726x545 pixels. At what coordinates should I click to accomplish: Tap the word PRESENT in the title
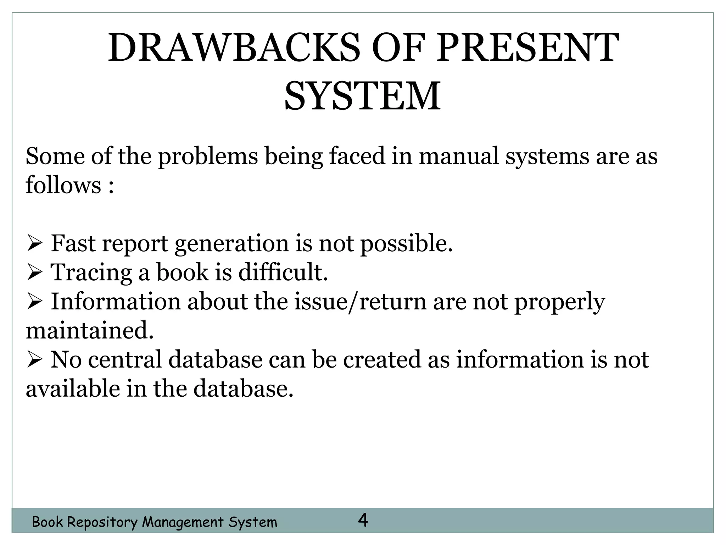527,48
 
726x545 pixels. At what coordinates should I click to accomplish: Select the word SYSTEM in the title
362,96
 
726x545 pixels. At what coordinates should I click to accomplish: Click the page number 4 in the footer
363,521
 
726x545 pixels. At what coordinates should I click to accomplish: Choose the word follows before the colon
63,185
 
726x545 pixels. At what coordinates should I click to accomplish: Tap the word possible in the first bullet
406,244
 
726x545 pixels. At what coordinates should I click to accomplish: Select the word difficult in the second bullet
283,272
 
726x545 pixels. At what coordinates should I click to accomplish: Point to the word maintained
90,331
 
